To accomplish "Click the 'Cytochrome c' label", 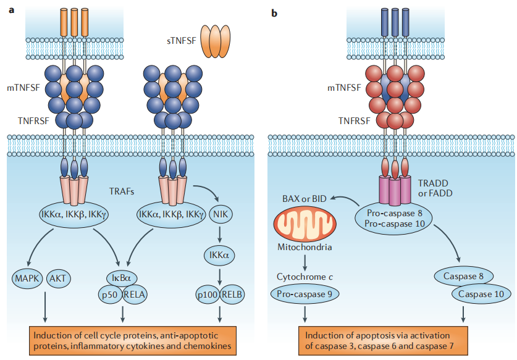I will pyautogui.click(x=304, y=277).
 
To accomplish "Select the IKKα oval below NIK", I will pyautogui.click(x=221, y=254).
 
